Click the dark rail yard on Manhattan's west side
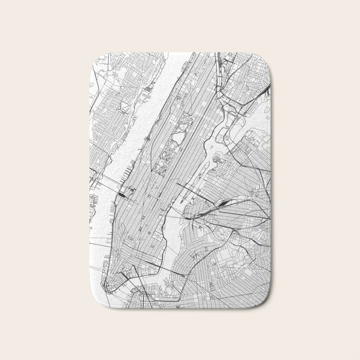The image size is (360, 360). (x=124, y=193)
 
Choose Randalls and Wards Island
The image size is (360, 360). (x=234, y=123)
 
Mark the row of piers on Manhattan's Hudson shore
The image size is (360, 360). (x=126, y=170)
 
